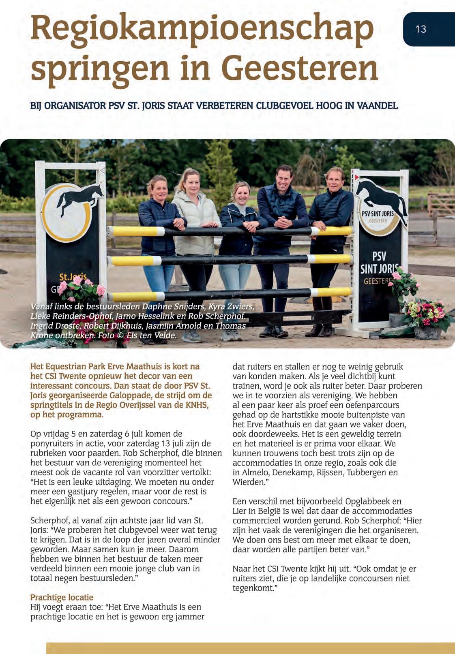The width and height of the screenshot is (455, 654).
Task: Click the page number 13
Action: click(x=421, y=29)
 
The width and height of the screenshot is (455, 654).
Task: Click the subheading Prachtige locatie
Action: click(x=62, y=597)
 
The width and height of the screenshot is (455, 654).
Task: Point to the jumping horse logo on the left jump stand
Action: click(x=79, y=200)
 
